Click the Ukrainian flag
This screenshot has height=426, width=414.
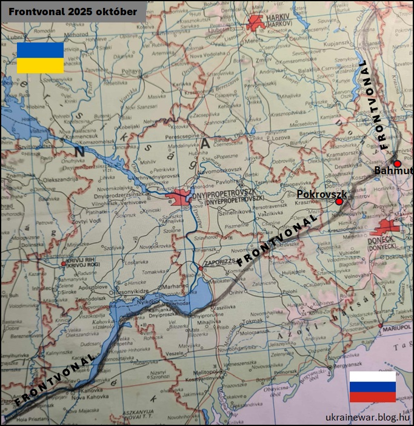(40, 58)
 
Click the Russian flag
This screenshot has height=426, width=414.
(372, 387)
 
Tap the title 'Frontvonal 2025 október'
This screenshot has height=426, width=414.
(73, 12)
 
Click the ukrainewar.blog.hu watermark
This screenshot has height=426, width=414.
(367, 416)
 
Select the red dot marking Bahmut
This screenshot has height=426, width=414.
(397, 164)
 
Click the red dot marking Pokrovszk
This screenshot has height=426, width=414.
(339, 201)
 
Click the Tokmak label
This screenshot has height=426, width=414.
(250, 320)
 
